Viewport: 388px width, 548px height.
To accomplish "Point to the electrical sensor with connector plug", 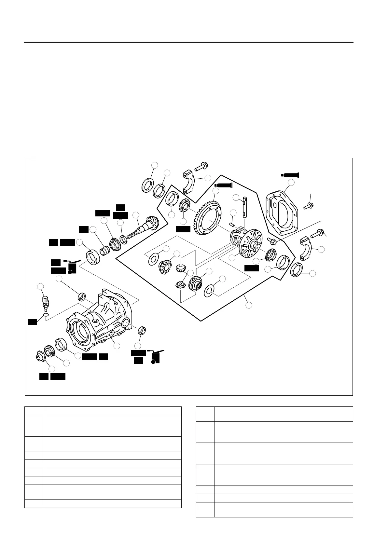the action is point(45,302).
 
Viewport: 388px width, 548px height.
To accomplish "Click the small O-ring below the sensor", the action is point(46,315).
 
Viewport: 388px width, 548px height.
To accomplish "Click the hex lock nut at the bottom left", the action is point(40,357).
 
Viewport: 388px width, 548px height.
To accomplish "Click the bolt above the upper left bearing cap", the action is point(201,166).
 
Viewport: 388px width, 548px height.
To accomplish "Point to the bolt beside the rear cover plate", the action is point(308,206).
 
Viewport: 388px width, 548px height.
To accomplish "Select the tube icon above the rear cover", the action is point(290,175).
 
